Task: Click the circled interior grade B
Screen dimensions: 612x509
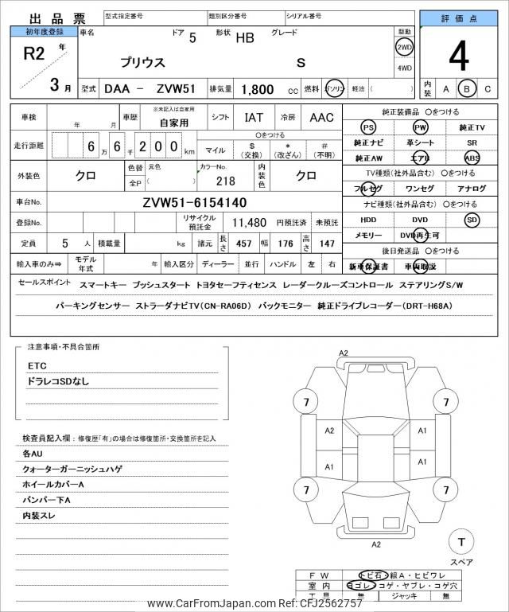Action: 468,89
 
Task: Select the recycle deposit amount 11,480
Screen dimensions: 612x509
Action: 249,223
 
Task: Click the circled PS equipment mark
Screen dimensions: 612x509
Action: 367,127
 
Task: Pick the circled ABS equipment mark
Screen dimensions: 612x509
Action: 472,158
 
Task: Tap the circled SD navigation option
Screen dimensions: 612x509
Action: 472,219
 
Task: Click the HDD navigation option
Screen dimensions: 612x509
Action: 367,219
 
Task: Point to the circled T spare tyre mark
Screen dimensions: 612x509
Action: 460,542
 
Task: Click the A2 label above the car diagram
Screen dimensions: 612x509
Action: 344,353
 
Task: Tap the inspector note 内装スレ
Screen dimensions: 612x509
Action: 40,515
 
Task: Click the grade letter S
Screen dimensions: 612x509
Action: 301,62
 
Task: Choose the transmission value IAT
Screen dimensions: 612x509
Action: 254,118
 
